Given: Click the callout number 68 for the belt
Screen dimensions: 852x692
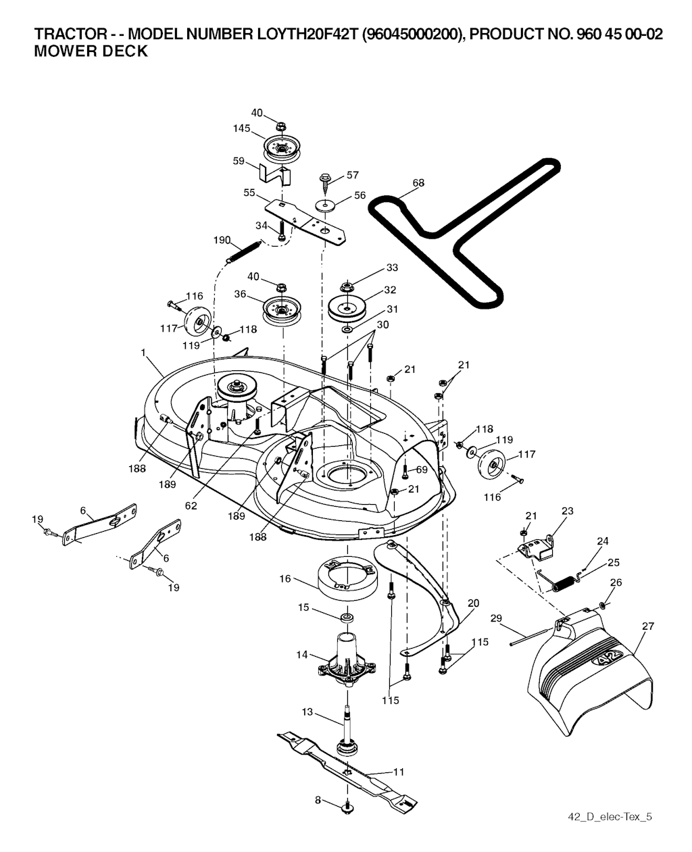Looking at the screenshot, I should point(418,182).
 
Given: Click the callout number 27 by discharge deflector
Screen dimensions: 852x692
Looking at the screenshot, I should point(648,626).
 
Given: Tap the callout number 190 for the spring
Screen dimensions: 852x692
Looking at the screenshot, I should point(222,240).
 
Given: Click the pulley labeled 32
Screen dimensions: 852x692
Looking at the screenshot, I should point(347,309).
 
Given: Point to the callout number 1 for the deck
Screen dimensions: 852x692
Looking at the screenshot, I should point(143,352).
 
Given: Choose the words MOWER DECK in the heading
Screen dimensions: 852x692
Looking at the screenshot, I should point(91,51).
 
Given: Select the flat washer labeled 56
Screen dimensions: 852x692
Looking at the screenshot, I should point(326,205).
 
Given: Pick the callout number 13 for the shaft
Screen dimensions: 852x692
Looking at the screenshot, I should point(307,711).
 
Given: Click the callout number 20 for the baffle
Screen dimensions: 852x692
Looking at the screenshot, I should point(473,603).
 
